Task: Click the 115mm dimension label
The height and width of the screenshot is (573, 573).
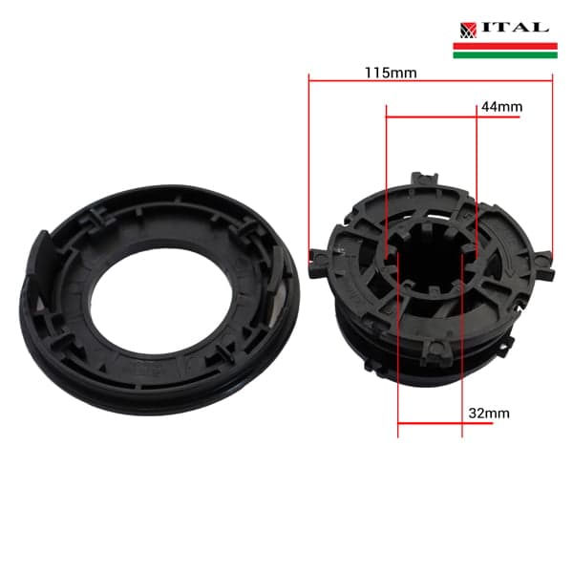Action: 391,73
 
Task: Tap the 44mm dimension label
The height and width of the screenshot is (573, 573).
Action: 501,107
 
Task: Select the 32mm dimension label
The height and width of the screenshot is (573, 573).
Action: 489,414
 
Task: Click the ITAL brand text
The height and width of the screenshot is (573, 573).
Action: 515,28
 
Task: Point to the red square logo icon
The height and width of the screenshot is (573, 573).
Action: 468,31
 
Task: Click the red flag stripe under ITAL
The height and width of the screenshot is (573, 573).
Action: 505,46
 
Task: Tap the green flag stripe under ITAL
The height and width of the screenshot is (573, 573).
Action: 505,54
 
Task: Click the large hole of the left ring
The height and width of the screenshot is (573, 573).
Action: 161,301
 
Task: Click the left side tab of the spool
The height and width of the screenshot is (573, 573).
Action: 317,262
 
